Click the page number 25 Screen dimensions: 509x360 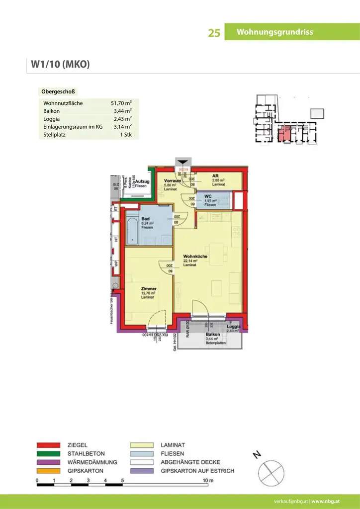coord(214,33)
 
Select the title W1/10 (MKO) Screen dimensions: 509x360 coord(60,65)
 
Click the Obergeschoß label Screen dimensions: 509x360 coord(58,92)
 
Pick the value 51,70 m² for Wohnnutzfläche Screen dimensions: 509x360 coord(121,103)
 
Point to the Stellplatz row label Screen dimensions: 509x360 coord(55,135)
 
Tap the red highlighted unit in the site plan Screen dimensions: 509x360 coord(285,134)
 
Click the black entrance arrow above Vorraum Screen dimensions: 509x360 coord(183,162)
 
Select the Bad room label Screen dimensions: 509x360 coord(146,219)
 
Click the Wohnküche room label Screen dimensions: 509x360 coord(195,256)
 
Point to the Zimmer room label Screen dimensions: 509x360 coord(149,289)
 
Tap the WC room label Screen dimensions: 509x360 coord(208,196)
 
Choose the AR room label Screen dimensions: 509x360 coord(215,176)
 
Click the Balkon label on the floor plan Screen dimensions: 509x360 coord(213,335)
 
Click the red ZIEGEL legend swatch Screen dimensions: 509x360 coord(48,445)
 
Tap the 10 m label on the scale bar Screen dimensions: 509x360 coord(207,480)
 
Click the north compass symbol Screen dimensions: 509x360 coord(271,470)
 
